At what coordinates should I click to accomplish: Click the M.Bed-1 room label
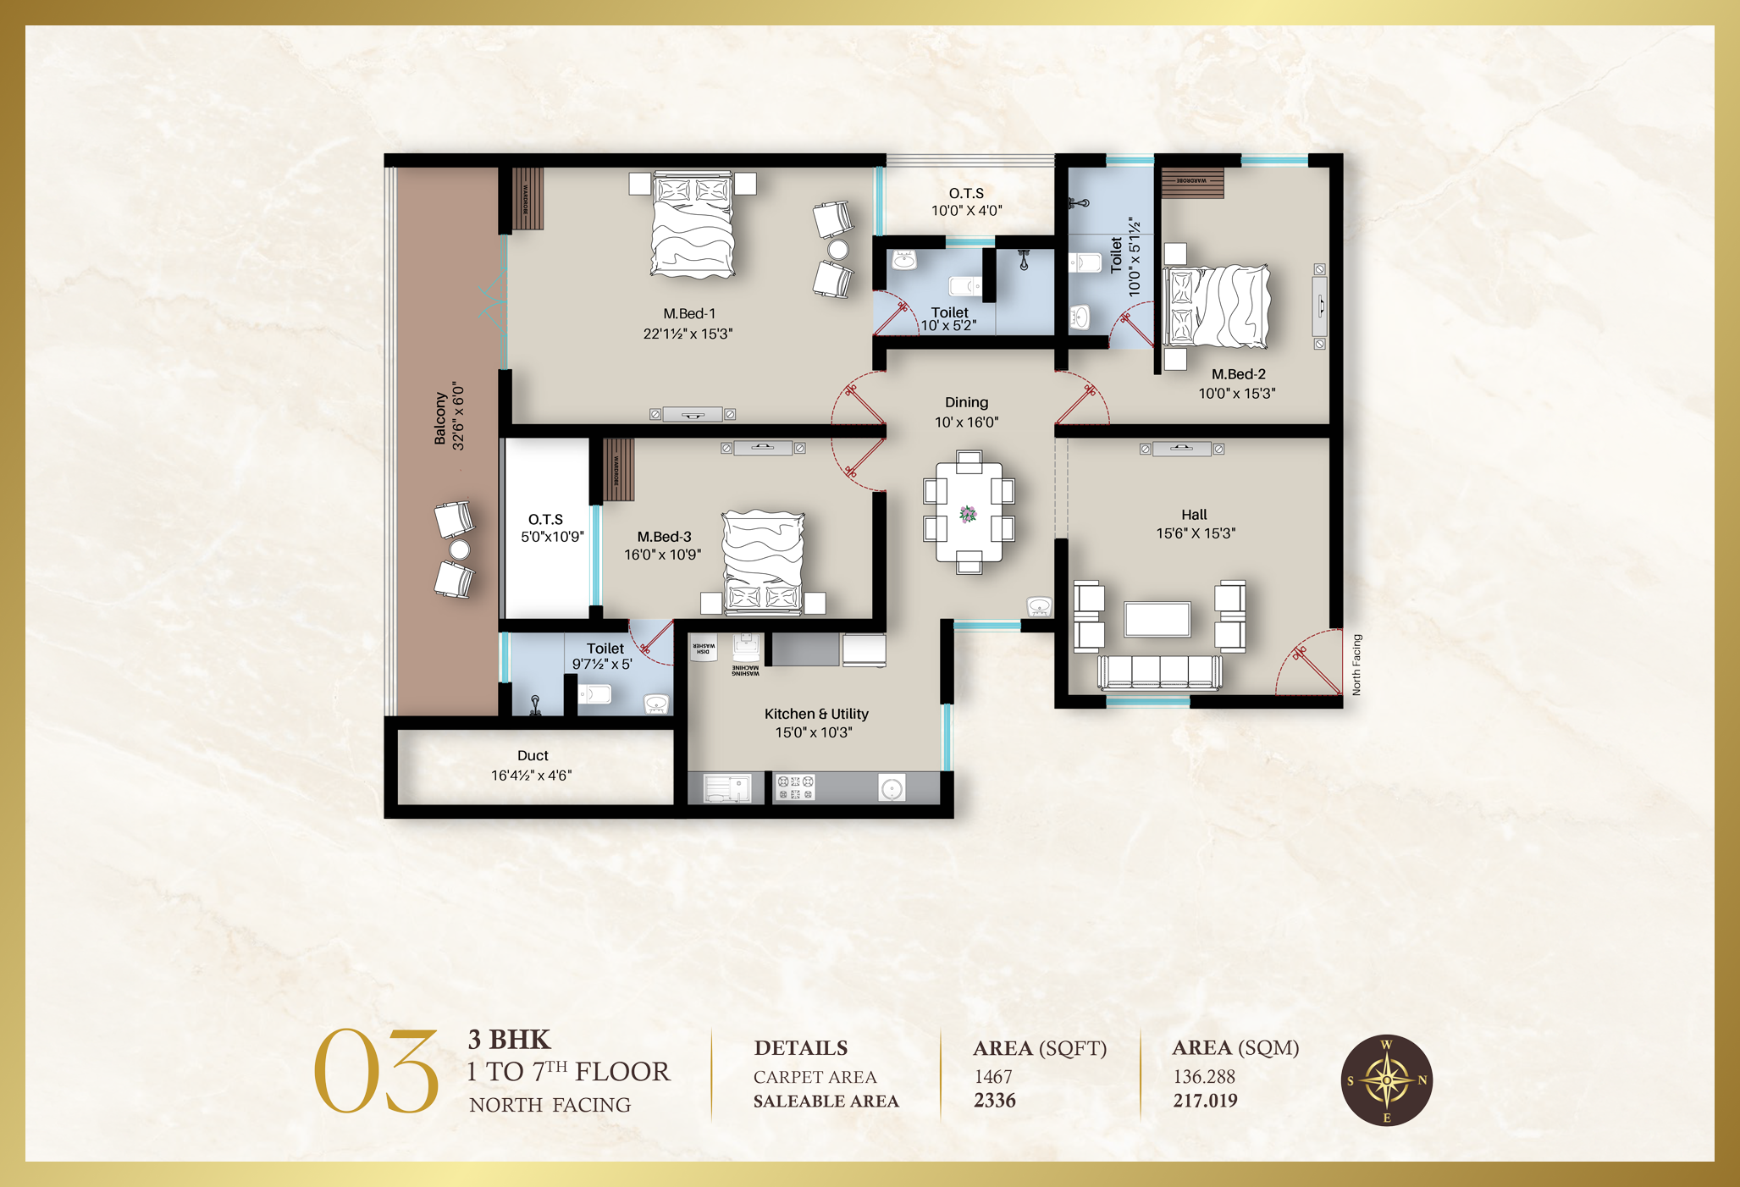[689, 313]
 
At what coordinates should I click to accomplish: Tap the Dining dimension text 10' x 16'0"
[966, 422]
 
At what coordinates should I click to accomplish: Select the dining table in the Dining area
[969, 512]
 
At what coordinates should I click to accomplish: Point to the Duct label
[533, 755]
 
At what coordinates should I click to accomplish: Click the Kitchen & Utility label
[816, 714]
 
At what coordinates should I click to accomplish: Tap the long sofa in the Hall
[1160, 672]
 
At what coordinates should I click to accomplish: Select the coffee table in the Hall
[1157, 618]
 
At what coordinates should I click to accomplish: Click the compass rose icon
[1386, 1080]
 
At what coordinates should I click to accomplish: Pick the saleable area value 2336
[994, 1101]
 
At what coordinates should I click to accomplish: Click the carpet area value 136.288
[1203, 1077]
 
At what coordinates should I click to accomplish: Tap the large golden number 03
[376, 1072]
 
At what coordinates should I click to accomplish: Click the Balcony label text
[440, 418]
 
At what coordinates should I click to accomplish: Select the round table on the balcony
[459, 550]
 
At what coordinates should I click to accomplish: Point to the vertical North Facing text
[1356, 665]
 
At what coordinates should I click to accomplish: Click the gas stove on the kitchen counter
[795, 788]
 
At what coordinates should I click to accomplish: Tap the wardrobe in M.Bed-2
[1192, 183]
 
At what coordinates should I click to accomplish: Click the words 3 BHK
[509, 1040]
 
